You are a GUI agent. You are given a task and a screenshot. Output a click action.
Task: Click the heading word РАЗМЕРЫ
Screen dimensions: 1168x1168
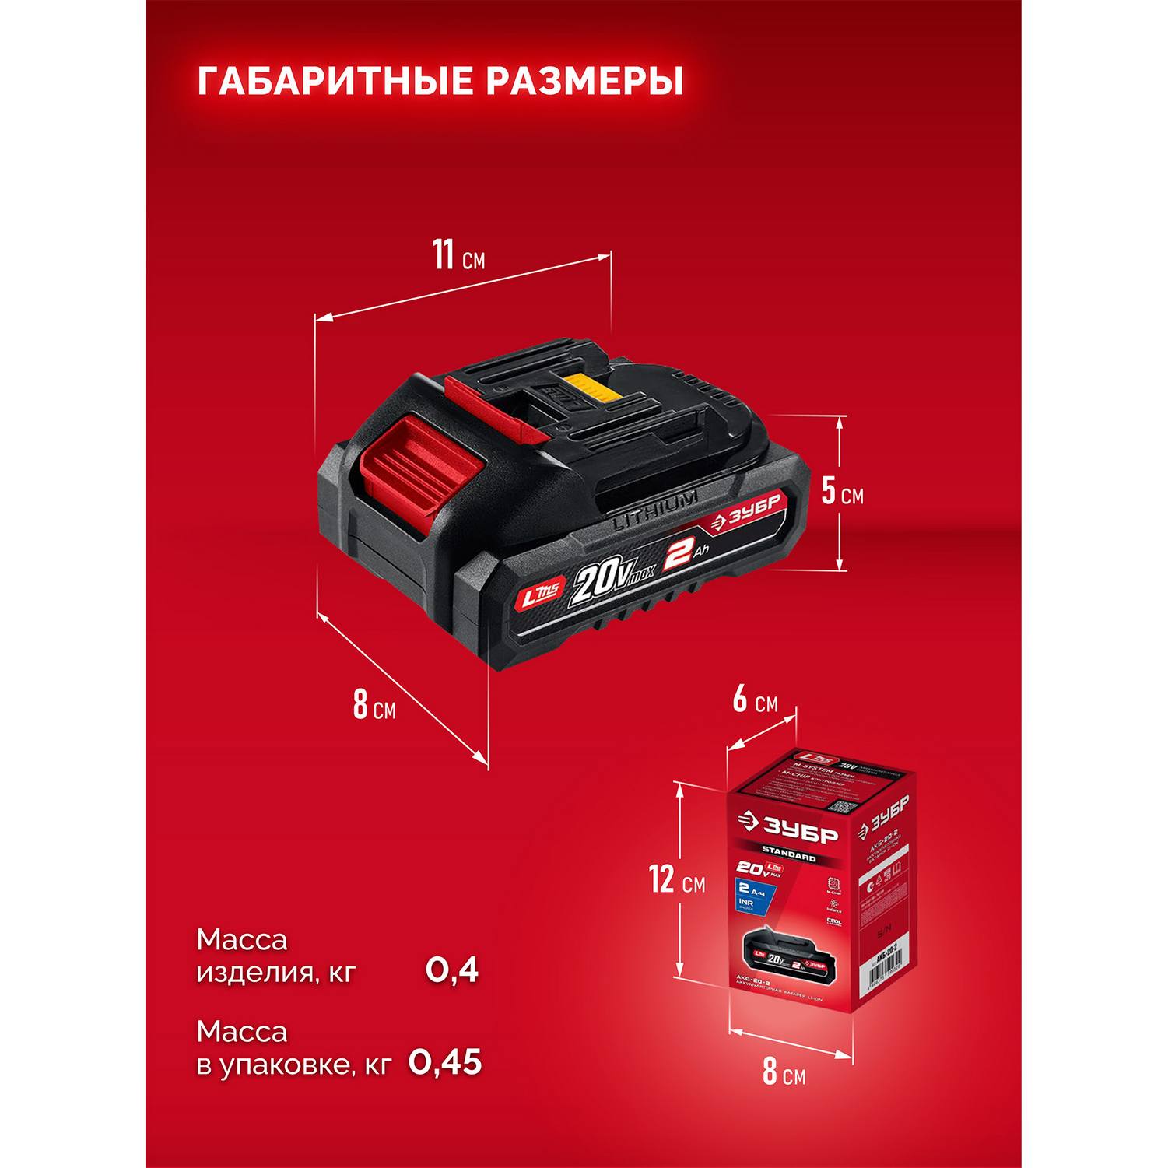(584, 82)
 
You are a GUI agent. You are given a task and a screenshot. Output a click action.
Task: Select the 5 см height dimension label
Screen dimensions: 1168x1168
(842, 493)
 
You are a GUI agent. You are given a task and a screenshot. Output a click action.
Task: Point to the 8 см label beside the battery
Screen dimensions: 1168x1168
(373, 705)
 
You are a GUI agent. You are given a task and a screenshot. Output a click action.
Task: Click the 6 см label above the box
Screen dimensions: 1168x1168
(755, 701)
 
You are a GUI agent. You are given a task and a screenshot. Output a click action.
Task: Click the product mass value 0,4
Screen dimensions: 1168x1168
(451, 970)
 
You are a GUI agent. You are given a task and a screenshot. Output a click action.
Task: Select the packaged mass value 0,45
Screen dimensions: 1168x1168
(445, 1062)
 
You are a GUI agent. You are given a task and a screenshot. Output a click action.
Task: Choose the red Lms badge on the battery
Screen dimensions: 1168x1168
(538, 598)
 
